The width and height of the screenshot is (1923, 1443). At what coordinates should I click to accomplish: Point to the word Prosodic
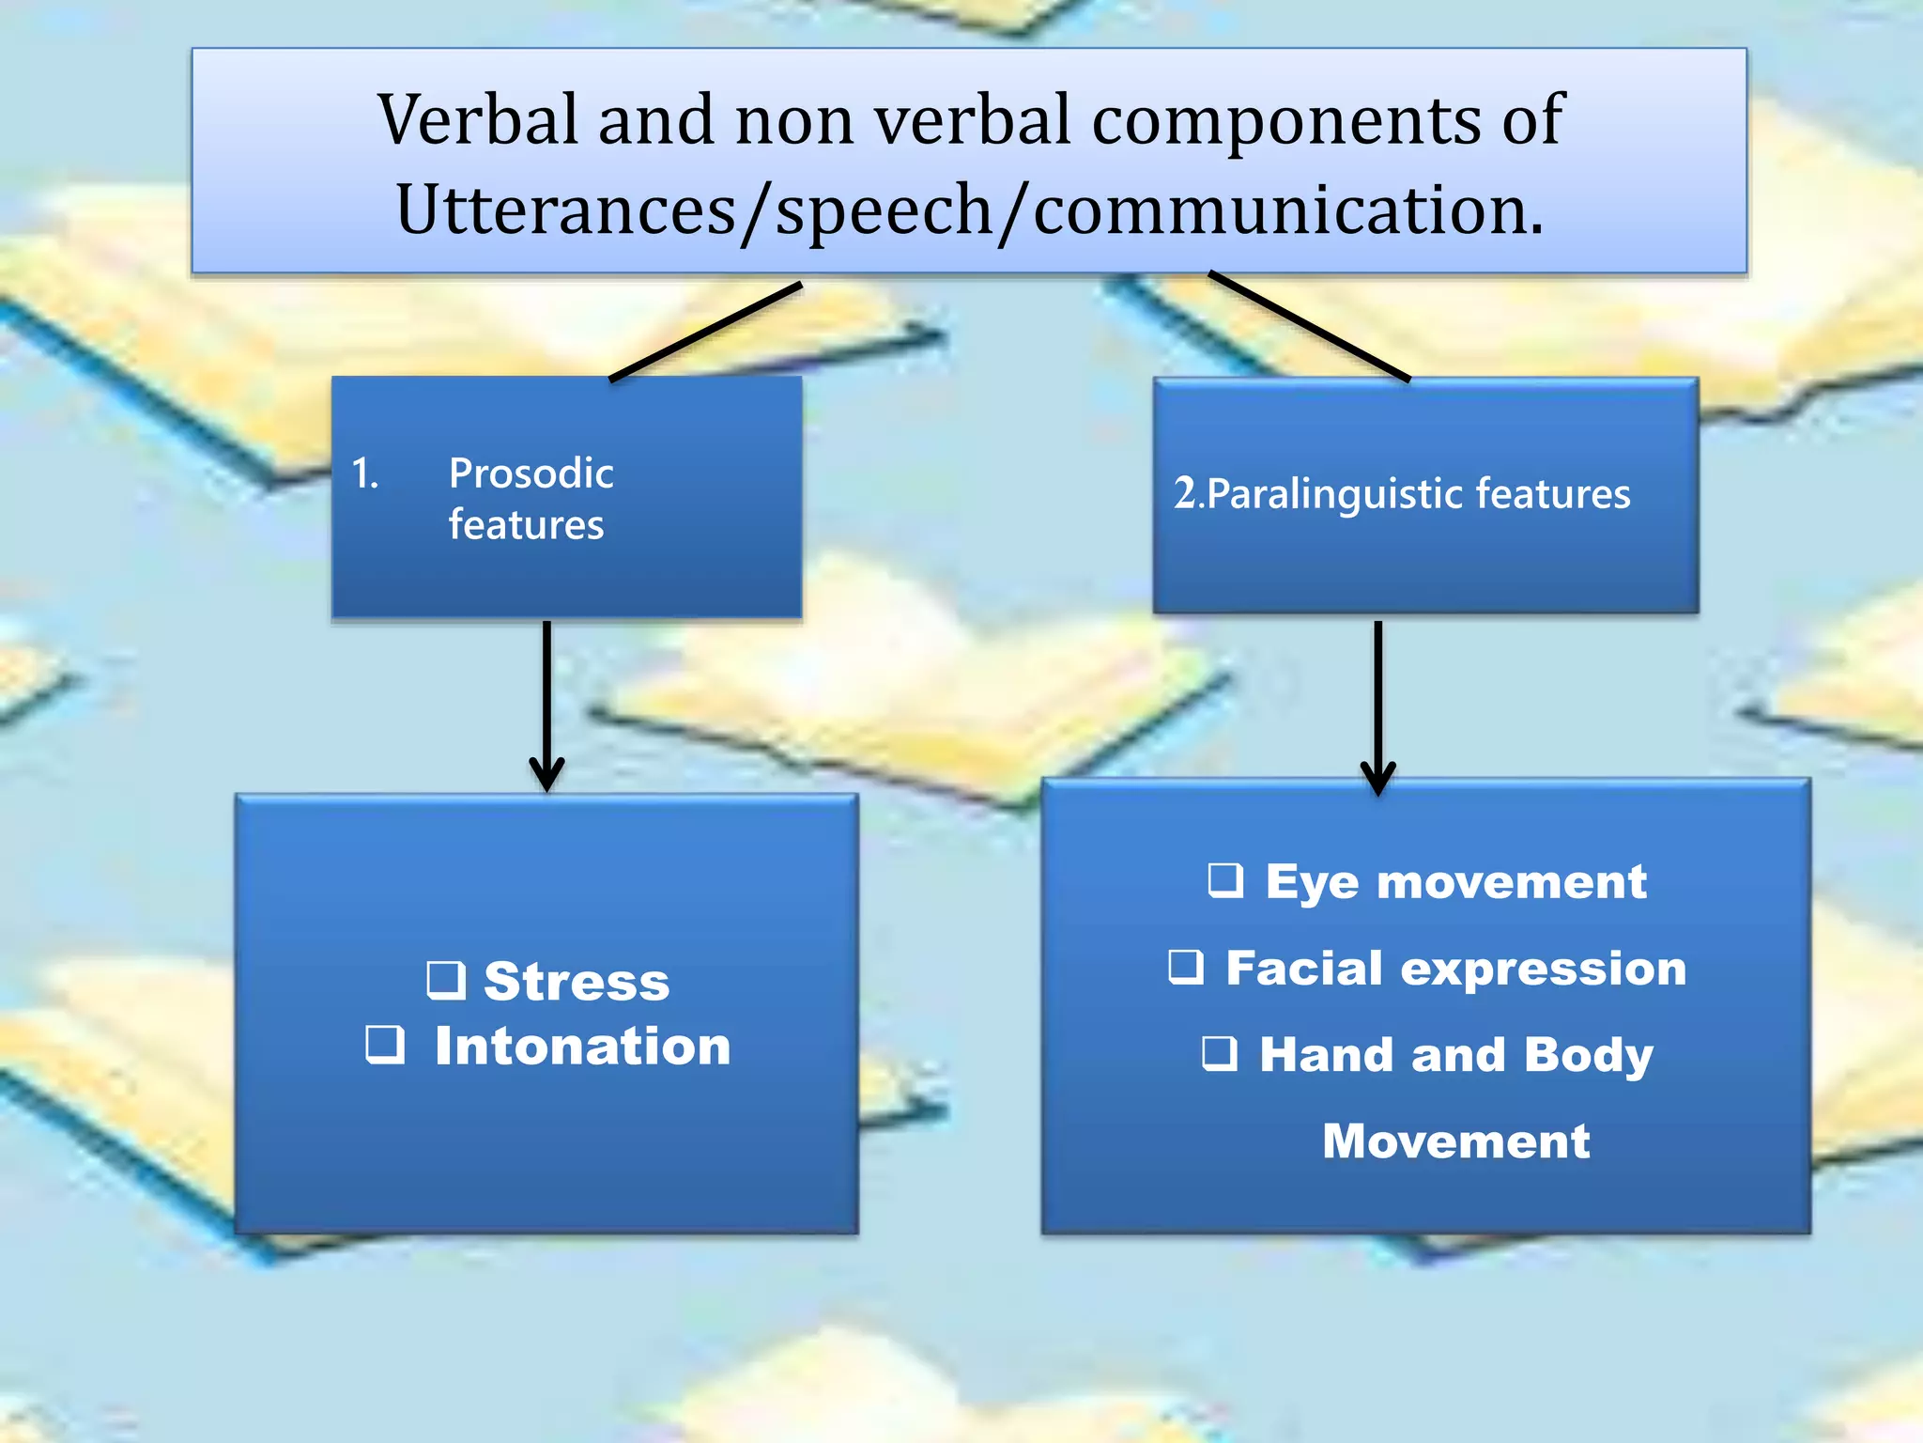click(x=531, y=473)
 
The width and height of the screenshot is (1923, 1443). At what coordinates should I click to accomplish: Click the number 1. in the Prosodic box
click(x=365, y=473)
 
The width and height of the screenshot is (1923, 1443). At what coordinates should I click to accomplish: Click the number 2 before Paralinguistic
click(x=1184, y=492)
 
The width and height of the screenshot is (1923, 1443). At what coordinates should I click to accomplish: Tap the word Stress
click(x=577, y=982)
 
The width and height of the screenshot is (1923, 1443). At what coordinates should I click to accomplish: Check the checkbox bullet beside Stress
click(x=446, y=979)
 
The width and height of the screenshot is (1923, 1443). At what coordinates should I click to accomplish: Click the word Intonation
click(x=582, y=1046)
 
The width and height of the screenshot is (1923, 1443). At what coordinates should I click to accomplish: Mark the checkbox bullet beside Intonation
click(x=385, y=1044)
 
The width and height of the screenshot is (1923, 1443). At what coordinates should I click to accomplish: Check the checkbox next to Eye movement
click(x=1225, y=880)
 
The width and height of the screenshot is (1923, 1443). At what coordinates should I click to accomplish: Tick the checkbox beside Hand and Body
click(x=1220, y=1053)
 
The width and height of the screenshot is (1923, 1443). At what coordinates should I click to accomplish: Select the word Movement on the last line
click(x=1455, y=1141)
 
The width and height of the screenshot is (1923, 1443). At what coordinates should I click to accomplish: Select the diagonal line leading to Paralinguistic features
click(x=1309, y=326)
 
